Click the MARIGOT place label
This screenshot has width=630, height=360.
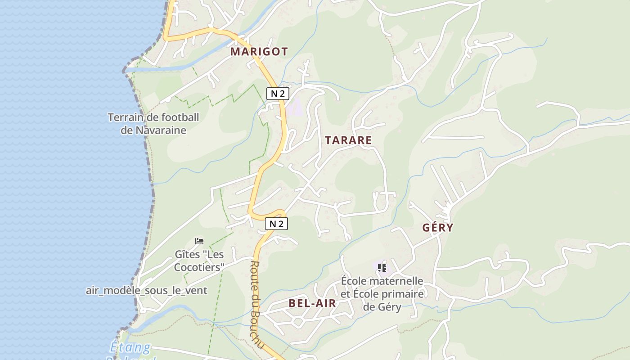259,52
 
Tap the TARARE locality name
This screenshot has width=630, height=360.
348,140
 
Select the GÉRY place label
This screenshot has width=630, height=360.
437,228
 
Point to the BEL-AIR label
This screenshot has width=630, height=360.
312,303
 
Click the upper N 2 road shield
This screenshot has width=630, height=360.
277,94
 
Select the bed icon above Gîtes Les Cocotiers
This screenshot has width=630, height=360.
199,241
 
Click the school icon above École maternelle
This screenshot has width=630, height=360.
382,268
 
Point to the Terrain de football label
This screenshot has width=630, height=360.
153,118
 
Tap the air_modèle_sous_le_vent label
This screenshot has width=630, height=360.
147,291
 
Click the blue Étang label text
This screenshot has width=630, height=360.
130,348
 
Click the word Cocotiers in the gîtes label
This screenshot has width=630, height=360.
199,267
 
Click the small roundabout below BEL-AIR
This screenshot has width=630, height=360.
297,321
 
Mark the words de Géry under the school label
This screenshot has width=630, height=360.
382,307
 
